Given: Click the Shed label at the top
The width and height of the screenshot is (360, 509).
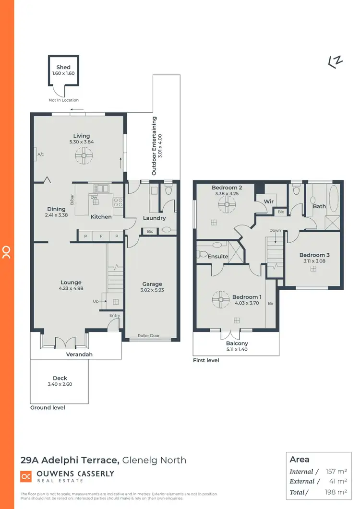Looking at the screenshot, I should (63, 68).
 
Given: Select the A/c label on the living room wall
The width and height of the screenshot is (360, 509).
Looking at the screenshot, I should (41, 154).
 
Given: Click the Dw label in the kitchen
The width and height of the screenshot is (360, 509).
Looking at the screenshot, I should (95, 197).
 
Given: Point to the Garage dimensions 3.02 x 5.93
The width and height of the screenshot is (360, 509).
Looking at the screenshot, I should (152, 290).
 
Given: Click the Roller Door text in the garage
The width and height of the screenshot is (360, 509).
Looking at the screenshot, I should (149, 336).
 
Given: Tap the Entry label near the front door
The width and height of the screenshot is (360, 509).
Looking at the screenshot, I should (114, 315).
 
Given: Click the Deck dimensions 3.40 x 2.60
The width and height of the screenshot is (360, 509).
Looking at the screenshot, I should (60, 384).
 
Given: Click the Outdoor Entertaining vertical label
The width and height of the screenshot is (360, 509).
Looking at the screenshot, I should (154, 146).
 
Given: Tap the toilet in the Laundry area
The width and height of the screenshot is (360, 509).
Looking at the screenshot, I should (168, 191).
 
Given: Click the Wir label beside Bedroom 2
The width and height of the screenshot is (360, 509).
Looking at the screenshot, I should (268, 202).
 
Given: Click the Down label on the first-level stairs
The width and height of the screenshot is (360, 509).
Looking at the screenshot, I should (275, 230).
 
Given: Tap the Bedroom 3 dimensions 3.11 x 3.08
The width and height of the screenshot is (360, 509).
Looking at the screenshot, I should (314, 261).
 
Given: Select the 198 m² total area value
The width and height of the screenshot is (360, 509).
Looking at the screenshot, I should (336, 492).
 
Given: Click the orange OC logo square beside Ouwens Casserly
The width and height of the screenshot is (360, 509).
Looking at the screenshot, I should (26, 476).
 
